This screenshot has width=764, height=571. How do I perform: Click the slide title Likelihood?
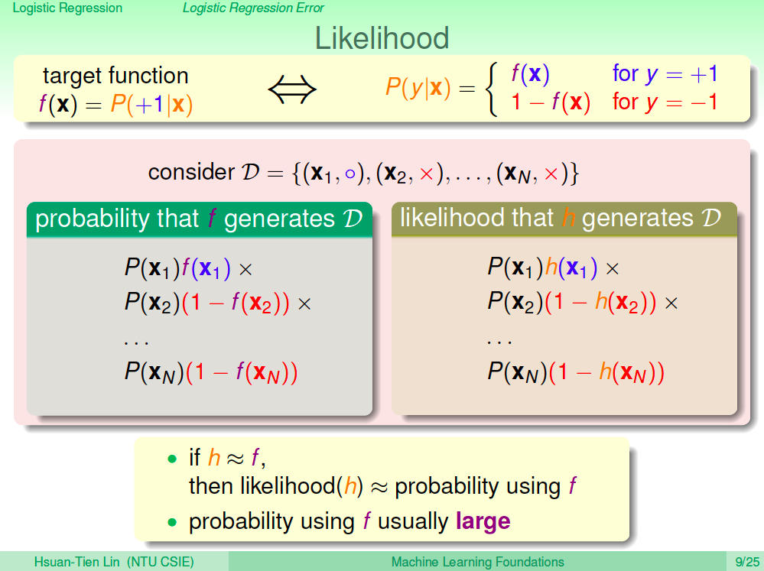(382, 38)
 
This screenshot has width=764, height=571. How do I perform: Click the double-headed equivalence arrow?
(292, 89)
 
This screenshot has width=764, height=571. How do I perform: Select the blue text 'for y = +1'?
(665, 73)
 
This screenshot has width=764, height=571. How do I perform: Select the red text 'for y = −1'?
(665, 102)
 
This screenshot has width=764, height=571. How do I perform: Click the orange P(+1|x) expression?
(151, 104)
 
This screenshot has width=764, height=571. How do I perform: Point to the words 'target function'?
(115, 76)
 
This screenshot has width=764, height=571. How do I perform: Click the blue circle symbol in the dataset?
(349, 174)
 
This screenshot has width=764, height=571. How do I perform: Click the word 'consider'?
(191, 172)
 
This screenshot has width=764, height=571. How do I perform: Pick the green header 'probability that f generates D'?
(200, 219)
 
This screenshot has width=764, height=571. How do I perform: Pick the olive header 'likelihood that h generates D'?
(564, 219)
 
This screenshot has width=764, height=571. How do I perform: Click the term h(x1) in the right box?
(571, 268)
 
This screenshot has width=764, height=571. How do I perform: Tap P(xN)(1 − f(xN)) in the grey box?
(211, 373)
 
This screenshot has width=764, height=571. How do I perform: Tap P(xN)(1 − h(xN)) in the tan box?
(576, 372)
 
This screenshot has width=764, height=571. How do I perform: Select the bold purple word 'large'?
(483, 522)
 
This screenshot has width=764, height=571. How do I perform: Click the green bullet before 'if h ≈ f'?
(171, 459)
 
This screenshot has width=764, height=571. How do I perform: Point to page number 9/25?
(747, 562)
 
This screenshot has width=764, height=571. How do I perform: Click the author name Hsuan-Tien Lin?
(76, 562)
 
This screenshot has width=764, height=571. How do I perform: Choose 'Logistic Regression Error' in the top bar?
(253, 8)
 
